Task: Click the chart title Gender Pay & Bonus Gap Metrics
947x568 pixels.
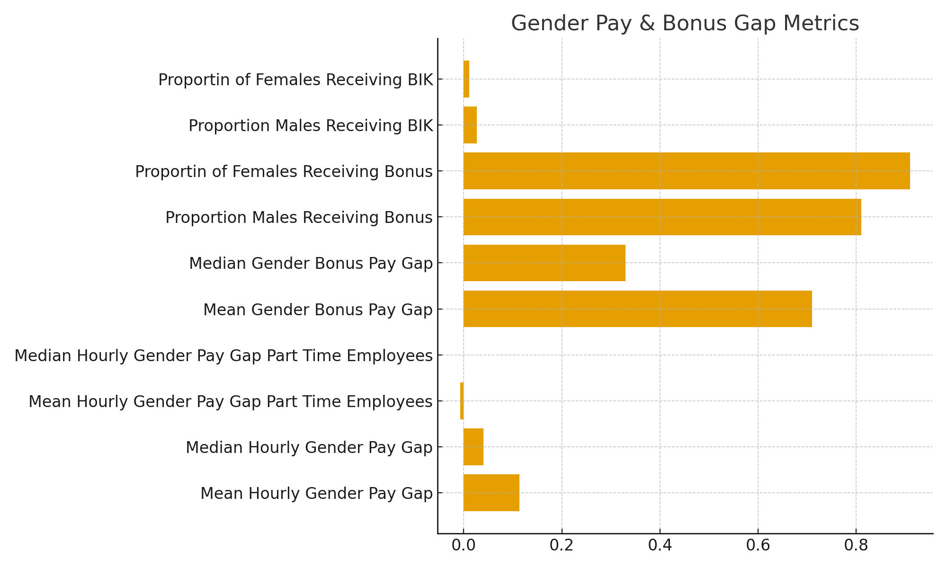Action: pyautogui.click(x=685, y=23)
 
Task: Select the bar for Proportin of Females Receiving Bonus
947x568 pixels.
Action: pyautogui.click(x=687, y=171)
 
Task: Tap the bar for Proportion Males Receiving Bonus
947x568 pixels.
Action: pyautogui.click(x=662, y=217)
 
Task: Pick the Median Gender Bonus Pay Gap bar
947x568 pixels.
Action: pyautogui.click(x=544, y=263)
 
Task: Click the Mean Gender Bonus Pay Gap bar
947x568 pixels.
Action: pyautogui.click(x=637, y=309)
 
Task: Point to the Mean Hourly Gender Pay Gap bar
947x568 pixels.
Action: pyautogui.click(x=491, y=493)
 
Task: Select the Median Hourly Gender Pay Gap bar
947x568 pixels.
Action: pyautogui.click(x=473, y=447)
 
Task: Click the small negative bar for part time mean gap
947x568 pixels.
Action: pyautogui.click(x=462, y=401)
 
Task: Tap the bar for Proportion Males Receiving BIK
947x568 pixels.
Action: pyautogui.click(x=470, y=125)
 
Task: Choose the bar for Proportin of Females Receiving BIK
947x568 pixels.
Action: pyautogui.click(x=466, y=79)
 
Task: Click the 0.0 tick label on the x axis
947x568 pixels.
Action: pyautogui.click(x=463, y=546)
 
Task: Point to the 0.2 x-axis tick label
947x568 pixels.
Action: pyautogui.click(x=562, y=546)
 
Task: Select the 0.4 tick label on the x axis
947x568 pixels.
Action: pyautogui.click(x=660, y=546)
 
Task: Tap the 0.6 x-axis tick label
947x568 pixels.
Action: pyautogui.click(x=758, y=546)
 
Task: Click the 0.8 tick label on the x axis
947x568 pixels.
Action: pyautogui.click(x=856, y=546)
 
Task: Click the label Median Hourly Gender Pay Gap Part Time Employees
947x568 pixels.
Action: pyautogui.click(x=223, y=355)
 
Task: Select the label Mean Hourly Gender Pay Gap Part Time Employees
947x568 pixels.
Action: pyautogui.click(x=231, y=401)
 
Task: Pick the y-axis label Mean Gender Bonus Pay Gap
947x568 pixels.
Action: pyautogui.click(x=318, y=310)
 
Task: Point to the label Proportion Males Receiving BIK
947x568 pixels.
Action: pyautogui.click(x=311, y=125)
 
